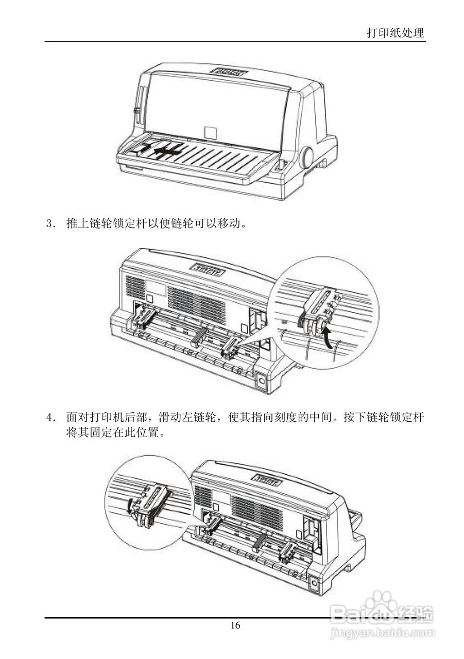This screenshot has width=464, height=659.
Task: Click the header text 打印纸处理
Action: [x=395, y=33]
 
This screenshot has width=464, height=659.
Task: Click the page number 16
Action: [x=235, y=626]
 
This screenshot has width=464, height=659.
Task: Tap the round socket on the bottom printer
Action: [x=315, y=584]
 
